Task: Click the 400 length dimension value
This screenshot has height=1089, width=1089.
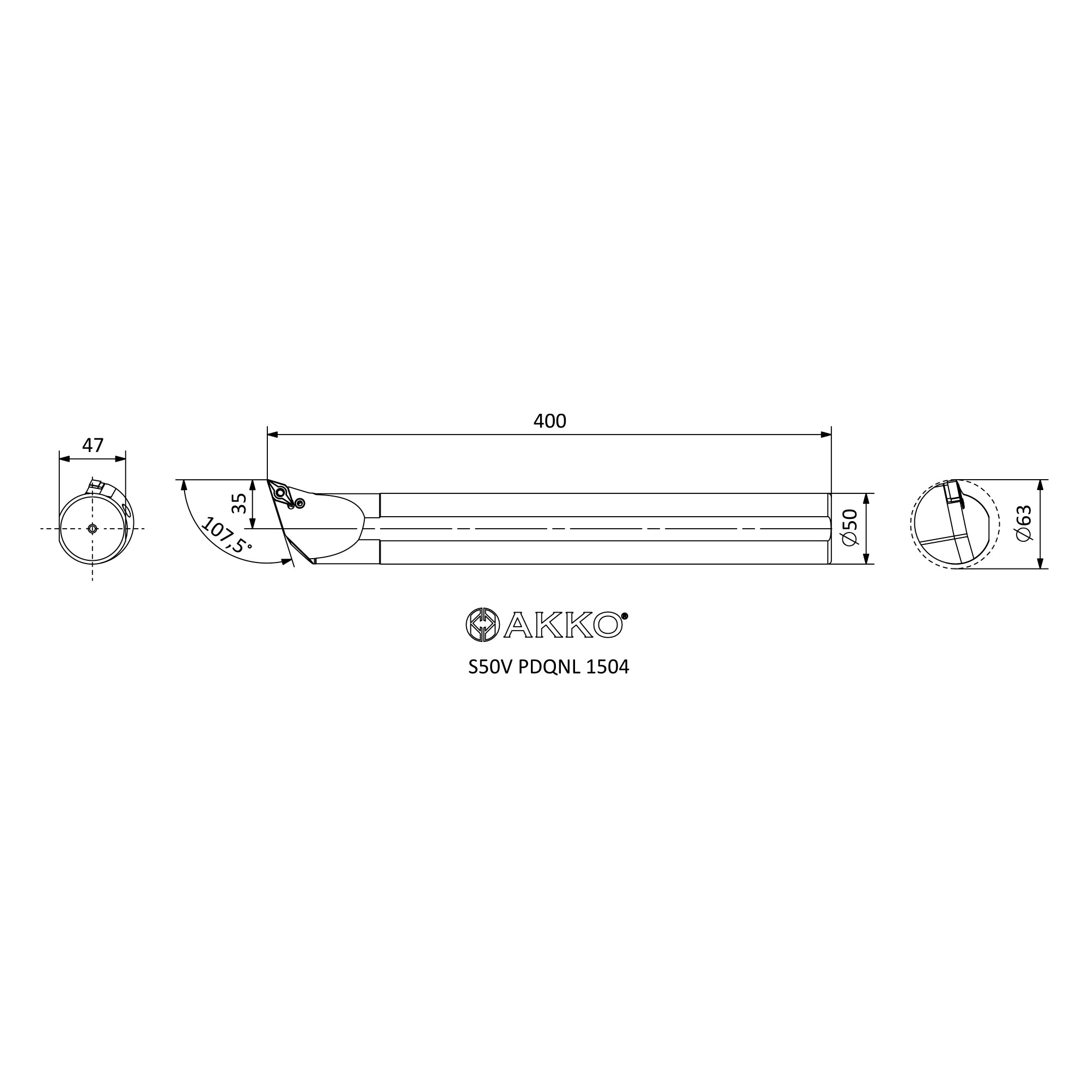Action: pyautogui.click(x=549, y=421)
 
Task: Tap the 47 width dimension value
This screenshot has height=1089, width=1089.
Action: pyautogui.click(x=93, y=445)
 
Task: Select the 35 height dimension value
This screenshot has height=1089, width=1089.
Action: pyautogui.click(x=240, y=503)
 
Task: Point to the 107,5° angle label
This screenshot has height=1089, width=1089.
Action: pyautogui.click(x=226, y=536)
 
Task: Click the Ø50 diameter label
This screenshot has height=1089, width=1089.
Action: pyautogui.click(x=849, y=527)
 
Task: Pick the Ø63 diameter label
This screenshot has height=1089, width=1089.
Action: pyautogui.click(x=1024, y=524)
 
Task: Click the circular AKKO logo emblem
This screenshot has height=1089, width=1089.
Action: pyautogui.click(x=482, y=625)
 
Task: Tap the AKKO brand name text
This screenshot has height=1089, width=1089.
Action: pyautogui.click(x=562, y=625)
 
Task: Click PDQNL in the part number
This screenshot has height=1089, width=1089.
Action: pyautogui.click(x=549, y=668)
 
